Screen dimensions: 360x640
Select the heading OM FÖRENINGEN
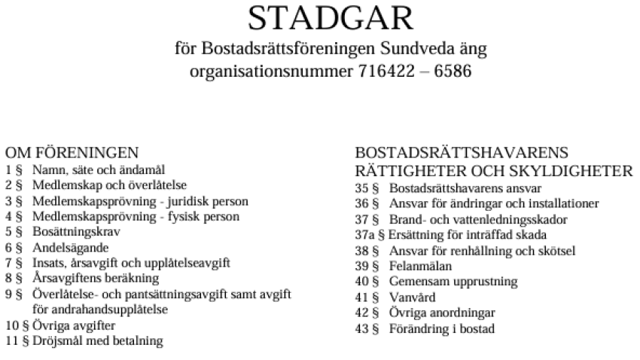(x=72, y=152)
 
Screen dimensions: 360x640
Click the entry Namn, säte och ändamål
(x=99, y=170)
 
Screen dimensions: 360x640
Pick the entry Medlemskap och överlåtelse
(x=109, y=185)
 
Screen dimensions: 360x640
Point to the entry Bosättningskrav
(x=76, y=232)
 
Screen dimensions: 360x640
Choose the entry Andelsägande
(x=71, y=247)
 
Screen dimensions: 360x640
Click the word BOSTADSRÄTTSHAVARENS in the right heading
(x=462, y=152)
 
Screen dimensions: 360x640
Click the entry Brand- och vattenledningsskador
(x=478, y=219)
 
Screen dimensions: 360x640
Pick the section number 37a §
(x=368, y=235)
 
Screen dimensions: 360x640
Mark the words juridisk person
(x=209, y=201)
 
